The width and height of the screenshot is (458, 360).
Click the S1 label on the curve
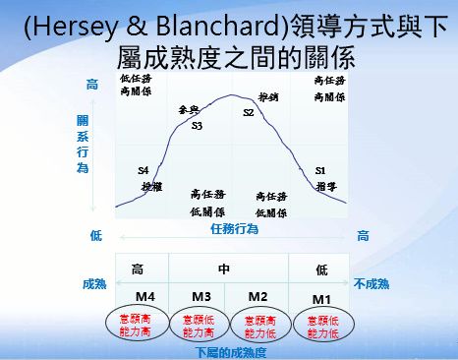320,170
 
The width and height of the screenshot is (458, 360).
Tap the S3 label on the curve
197,126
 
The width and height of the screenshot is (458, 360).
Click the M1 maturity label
321,298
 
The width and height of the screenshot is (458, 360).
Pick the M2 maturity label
258,296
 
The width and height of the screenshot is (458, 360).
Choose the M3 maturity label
200,296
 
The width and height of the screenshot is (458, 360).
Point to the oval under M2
258,327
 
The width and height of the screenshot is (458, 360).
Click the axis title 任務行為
234,229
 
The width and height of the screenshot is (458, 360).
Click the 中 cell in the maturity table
223,268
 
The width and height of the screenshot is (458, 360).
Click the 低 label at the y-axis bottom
95,235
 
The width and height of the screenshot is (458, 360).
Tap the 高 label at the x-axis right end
363,235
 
